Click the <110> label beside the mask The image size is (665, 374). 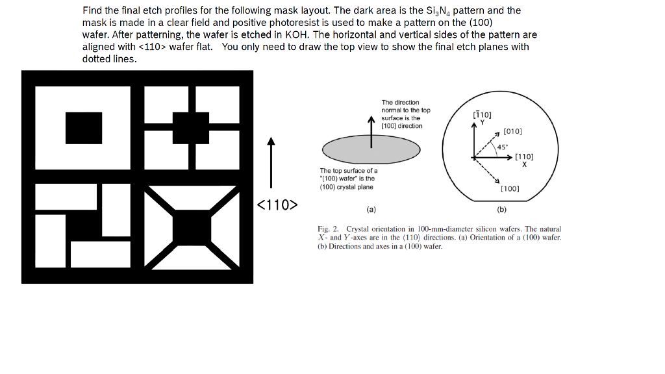tap(277, 206)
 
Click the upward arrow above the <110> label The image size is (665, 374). tap(271, 162)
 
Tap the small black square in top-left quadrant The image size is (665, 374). tap(84, 128)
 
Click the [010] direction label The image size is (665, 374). tap(512, 131)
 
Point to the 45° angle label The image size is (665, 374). tap(502, 146)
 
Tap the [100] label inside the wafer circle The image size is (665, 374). tap(510, 189)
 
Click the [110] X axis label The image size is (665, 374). tap(524, 159)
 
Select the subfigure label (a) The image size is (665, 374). tap(371, 210)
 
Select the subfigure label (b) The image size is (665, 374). tap(502, 210)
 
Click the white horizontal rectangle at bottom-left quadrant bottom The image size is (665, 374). tap(101, 255)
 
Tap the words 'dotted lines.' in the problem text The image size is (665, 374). tap(110, 58)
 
